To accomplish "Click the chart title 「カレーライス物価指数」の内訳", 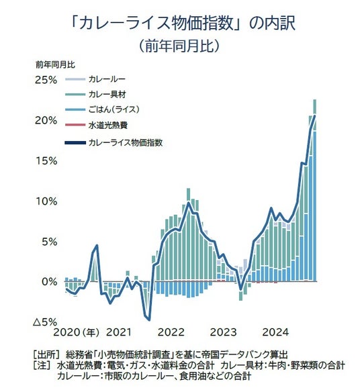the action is tap(183, 23).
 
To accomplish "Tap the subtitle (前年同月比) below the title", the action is tap(179, 46).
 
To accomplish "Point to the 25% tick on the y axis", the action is tap(46, 80).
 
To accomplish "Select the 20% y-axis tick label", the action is tap(46, 121).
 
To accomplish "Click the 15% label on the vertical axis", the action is tap(46, 161).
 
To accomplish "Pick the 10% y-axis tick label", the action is tap(46, 201).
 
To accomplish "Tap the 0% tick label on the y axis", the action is tap(50, 282).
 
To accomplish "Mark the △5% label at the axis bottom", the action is tap(45, 322).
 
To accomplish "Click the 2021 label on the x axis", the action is tap(119, 332).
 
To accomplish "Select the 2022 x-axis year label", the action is tap(171, 332).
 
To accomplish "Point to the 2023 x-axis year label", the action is tap(223, 332).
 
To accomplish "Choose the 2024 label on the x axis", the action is tap(275, 332).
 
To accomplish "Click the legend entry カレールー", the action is tap(107, 79).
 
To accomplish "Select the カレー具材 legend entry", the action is tap(107, 94).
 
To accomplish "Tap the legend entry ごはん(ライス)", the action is tap(114, 109).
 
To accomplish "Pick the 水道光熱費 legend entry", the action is tap(108, 125).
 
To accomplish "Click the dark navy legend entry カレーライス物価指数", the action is tap(126, 143).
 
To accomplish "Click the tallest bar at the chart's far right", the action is tap(314, 190).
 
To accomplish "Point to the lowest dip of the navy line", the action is tap(149, 320).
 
